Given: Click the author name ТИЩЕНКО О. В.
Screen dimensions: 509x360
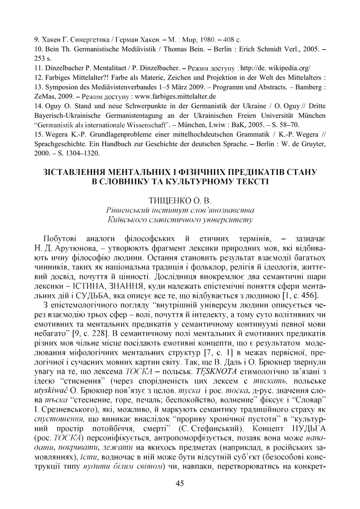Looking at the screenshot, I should click(180, 201).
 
